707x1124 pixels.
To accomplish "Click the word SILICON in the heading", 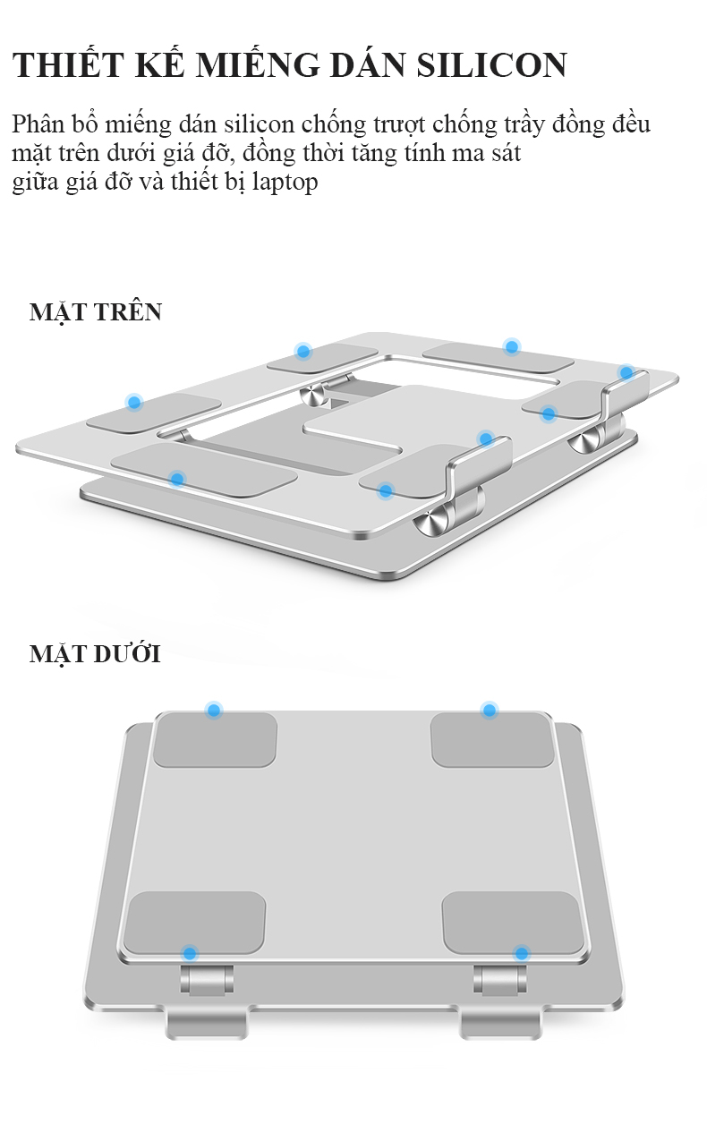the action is pos(491,65).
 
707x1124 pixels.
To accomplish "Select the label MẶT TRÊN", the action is pos(96,312).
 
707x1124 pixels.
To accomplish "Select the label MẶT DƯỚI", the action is pos(95,654).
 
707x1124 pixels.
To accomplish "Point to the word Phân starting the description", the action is pos(38,123).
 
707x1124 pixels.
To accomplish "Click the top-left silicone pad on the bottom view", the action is pos(215,739).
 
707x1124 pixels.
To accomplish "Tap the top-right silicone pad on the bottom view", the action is pos(492,739).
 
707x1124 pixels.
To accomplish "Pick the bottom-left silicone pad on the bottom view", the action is pos(195,924).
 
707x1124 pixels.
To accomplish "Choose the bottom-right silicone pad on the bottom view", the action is pos(514,924).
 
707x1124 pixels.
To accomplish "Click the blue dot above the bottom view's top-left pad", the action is pos(214,710).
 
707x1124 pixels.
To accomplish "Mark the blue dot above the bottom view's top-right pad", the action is pos(490,710).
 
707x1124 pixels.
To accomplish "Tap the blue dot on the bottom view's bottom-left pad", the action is pos(189,953).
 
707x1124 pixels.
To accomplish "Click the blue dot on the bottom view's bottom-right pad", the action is pos(522,953).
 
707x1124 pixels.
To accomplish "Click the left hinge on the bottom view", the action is pos(207,980).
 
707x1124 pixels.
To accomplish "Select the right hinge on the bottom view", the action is pos(500,980).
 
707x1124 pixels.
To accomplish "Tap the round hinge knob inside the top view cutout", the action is pos(315,395).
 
